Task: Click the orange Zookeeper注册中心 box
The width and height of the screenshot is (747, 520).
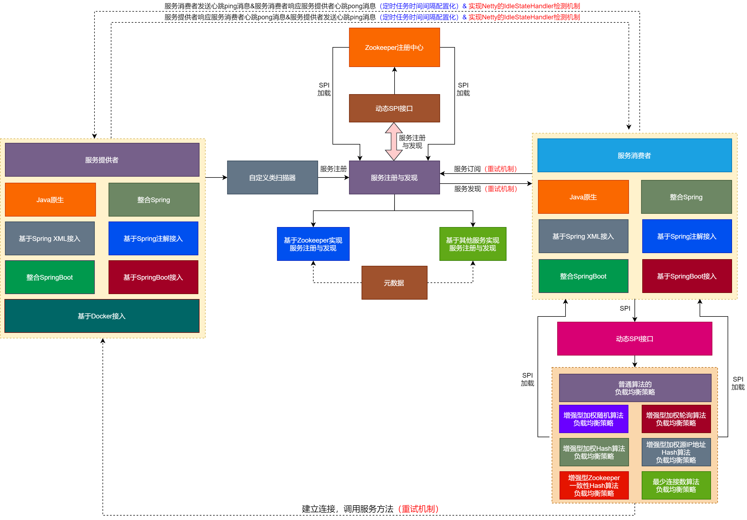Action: [394, 47]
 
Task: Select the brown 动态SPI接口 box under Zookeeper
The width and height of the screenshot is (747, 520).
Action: [394, 108]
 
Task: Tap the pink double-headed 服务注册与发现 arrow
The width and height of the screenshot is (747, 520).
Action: [394, 142]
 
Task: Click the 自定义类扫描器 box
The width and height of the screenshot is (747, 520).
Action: [272, 177]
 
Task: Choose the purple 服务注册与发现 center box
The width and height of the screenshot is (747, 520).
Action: [394, 177]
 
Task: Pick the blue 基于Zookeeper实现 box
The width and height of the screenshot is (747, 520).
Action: [313, 244]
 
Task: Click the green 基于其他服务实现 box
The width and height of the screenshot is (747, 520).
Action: [472, 244]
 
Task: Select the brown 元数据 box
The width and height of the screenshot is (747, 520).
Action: [394, 283]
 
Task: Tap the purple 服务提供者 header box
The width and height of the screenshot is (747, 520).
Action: [102, 160]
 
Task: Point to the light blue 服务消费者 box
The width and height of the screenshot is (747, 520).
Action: [634, 155]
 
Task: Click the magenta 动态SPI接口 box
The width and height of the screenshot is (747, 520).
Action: [634, 339]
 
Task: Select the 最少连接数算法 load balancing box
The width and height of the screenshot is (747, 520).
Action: [676, 485]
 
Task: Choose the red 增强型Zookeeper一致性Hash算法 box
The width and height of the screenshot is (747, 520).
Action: [594, 485]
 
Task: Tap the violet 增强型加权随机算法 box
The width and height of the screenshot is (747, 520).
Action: [593, 419]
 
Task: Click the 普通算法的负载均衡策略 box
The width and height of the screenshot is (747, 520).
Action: [635, 388]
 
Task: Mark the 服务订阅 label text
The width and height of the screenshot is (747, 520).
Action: [467, 169]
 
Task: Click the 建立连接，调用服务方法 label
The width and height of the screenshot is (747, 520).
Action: [347, 509]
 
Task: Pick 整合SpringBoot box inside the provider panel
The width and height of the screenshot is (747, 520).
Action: [50, 277]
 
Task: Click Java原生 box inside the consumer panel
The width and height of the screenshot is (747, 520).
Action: [583, 197]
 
